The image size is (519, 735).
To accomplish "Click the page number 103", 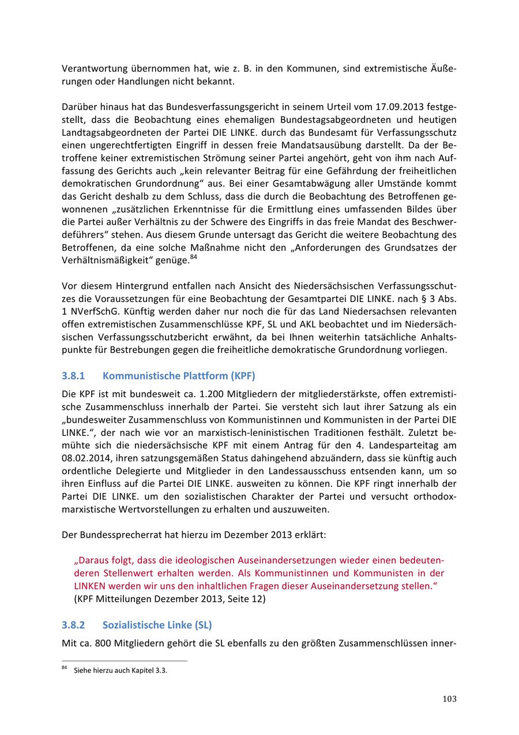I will tap(449, 699).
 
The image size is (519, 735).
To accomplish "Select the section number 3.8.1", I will tap(73, 376).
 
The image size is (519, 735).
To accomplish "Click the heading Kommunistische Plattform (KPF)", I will tap(179, 376).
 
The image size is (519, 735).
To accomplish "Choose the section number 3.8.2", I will tap(73, 625).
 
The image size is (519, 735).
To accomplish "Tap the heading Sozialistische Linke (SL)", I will tap(157, 625).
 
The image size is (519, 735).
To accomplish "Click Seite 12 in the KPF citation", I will tap(245, 599).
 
